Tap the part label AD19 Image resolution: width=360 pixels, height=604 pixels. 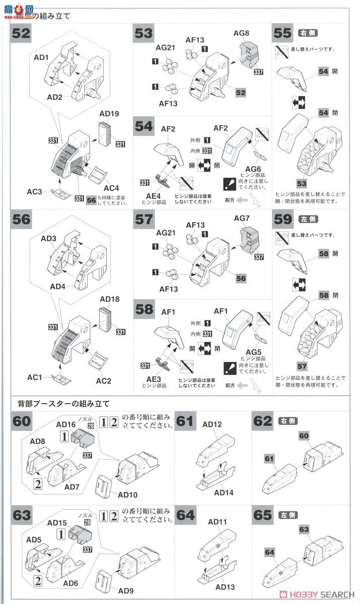tap(109, 114)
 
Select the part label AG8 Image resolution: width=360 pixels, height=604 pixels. tap(241, 33)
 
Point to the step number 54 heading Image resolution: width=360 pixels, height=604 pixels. tap(143, 127)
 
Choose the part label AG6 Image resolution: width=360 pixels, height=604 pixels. tap(253, 168)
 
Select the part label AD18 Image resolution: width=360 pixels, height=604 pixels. tap(109, 299)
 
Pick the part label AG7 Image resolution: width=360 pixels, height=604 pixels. tap(241, 219)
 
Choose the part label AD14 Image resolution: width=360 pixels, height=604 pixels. tap(225, 492)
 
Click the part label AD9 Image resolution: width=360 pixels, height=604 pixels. tap(127, 590)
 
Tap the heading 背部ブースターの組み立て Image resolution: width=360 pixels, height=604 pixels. tap(63, 404)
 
